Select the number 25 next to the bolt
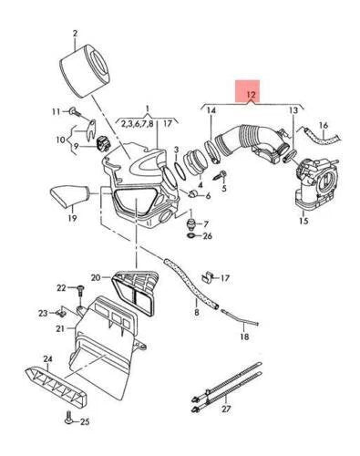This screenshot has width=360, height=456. pyautogui.click(x=84, y=421)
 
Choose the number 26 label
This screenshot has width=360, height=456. pyautogui.click(x=207, y=236)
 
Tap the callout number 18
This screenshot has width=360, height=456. pyautogui.click(x=244, y=337)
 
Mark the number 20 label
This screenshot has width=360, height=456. pyautogui.click(x=96, y=277)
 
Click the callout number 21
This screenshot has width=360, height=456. pyautogui.click(x=59, y=328)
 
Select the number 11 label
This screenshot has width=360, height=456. pyautogui.click(x=55, y=110)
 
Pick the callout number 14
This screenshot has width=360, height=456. pyautogui.click(x=211, y=110)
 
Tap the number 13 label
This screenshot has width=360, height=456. pyautogui.click(x=293, y=110)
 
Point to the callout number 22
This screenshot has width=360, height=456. pyautogui.click(x=61, y=288)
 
